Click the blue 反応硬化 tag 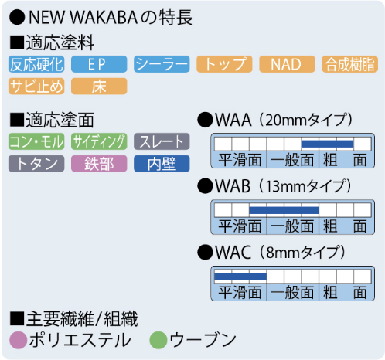tap(36, 64)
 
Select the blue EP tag tap(99, 64)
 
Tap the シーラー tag tap(162, 64)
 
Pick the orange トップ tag tap(224, 64)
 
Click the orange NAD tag tap(287, 64)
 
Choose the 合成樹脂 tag tap(350, 64)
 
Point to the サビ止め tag tap(36, 87)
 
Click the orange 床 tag tap(99, 87)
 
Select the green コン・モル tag tap(36, 141)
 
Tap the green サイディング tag tap(99, 141)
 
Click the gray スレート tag tap(162, 141)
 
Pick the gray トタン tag tap(36, 164)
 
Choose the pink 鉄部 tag tap(99, 164)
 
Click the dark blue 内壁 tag tap(162, 164)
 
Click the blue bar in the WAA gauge tap(327, 144)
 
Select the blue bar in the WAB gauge tap(284, 210)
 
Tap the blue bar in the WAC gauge tap(240, 277)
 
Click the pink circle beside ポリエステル tap(19, 340)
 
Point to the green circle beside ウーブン tap(158, 340)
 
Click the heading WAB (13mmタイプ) tap(274, 186)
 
